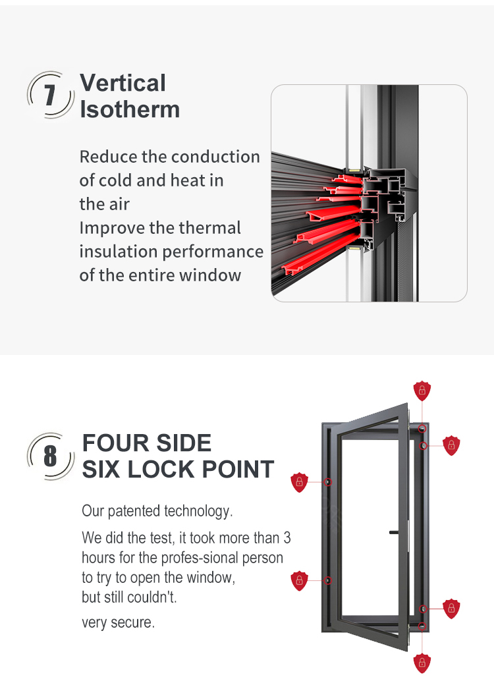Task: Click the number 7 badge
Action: coord(50,94)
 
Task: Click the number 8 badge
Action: coord(50,456)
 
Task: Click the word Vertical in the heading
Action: coord(123,82)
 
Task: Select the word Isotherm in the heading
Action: coord(130,109)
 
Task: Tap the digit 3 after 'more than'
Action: coord(287,537)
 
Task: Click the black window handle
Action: coord(394,532)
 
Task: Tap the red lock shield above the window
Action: coord(422,391)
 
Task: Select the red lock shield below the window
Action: coord(422,663)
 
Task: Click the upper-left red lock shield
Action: coord(299,482)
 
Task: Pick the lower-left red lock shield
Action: coord(299,580)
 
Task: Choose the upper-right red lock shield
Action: coord(451,446)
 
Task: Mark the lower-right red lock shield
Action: coord(451,609)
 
